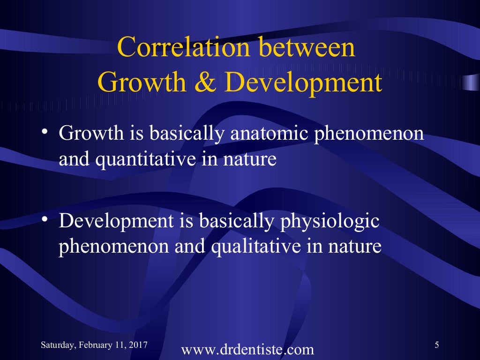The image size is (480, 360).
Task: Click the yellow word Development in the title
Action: pos(303,82)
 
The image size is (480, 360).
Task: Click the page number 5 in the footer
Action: pos(437,345)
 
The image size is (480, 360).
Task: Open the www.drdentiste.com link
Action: pos(247,350)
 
